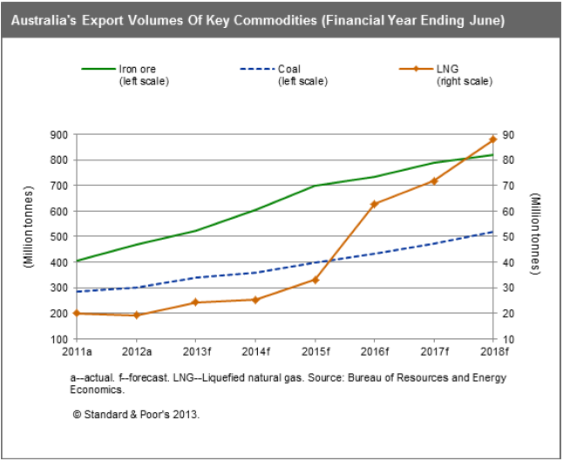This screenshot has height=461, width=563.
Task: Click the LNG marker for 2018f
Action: click(493, 139)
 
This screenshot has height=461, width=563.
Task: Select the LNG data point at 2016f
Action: click(374, 204)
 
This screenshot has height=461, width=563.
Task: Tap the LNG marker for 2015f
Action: click(315, 280)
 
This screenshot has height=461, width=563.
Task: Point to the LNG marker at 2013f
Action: click(195, 302)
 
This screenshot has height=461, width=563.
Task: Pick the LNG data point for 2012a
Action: click(136, 315)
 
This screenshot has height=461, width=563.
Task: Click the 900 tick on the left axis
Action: click(60, 135)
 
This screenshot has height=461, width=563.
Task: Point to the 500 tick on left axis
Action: click(60, 237)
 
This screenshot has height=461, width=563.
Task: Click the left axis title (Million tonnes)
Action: click(28, 237)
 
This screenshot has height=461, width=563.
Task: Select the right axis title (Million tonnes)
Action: click(535, 236)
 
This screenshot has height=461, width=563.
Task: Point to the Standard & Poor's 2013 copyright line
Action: click(136, 415)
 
